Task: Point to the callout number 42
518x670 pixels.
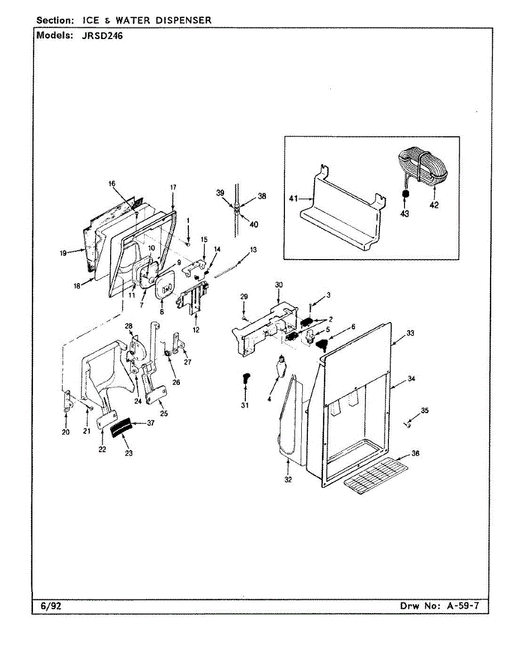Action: [x=434, y=205]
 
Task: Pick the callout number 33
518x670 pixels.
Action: [x=411, y=333]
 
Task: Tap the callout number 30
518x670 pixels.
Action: [x=278, y=285]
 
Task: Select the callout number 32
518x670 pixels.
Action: [x=288, y=479]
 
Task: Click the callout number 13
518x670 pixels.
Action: [x=254, y=250]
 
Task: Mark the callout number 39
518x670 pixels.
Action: [x=220, y=193]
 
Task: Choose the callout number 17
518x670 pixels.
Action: [x=173, y=188]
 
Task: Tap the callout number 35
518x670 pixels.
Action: [x=425, y=411]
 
